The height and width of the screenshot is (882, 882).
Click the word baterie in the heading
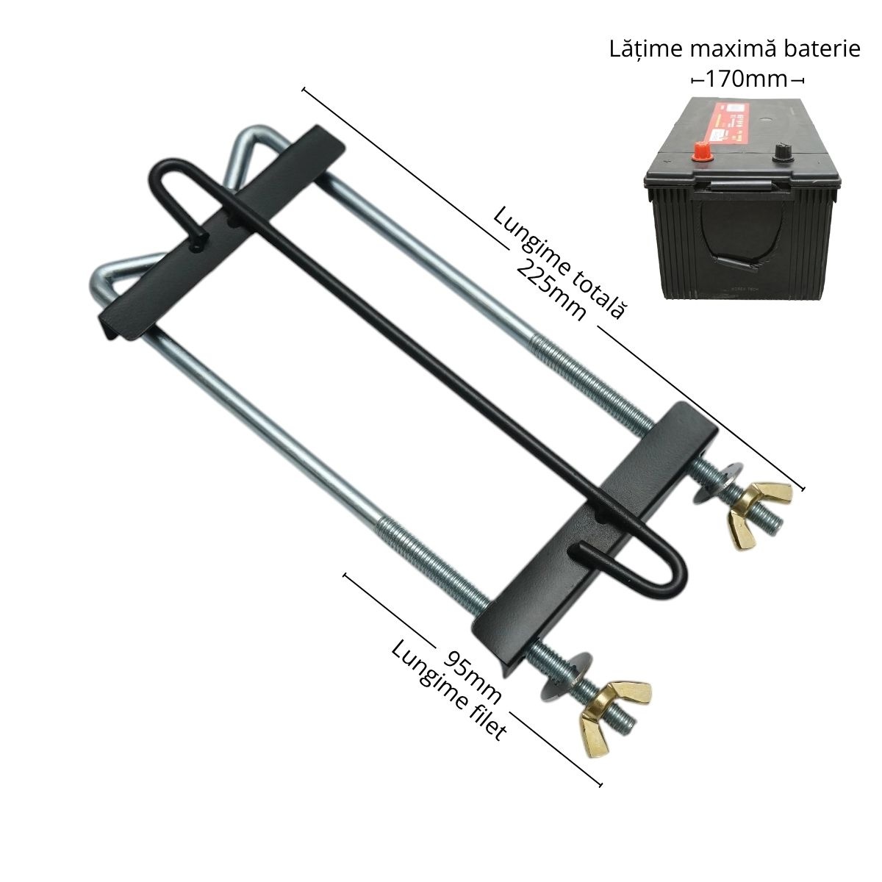[824, 50]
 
